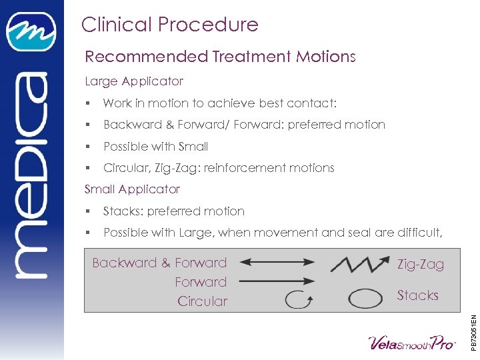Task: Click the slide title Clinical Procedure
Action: [169, 25]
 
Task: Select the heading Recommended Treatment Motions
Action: [220, 57]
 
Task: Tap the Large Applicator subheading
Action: [134, 81]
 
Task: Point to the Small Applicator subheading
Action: [132, 189]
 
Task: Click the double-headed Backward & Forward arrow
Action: [270, 263]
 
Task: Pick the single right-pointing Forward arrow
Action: [271, 282]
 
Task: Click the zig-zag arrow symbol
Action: [359, 263]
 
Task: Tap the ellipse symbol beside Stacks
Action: [364, 297]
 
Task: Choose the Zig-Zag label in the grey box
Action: [420, 265]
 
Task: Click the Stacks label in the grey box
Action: [417, 295]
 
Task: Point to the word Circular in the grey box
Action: [202, 301]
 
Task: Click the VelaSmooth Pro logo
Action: [412, 342]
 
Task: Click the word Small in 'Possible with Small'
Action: [193, 147]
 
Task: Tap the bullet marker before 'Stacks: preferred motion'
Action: [88, 212]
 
